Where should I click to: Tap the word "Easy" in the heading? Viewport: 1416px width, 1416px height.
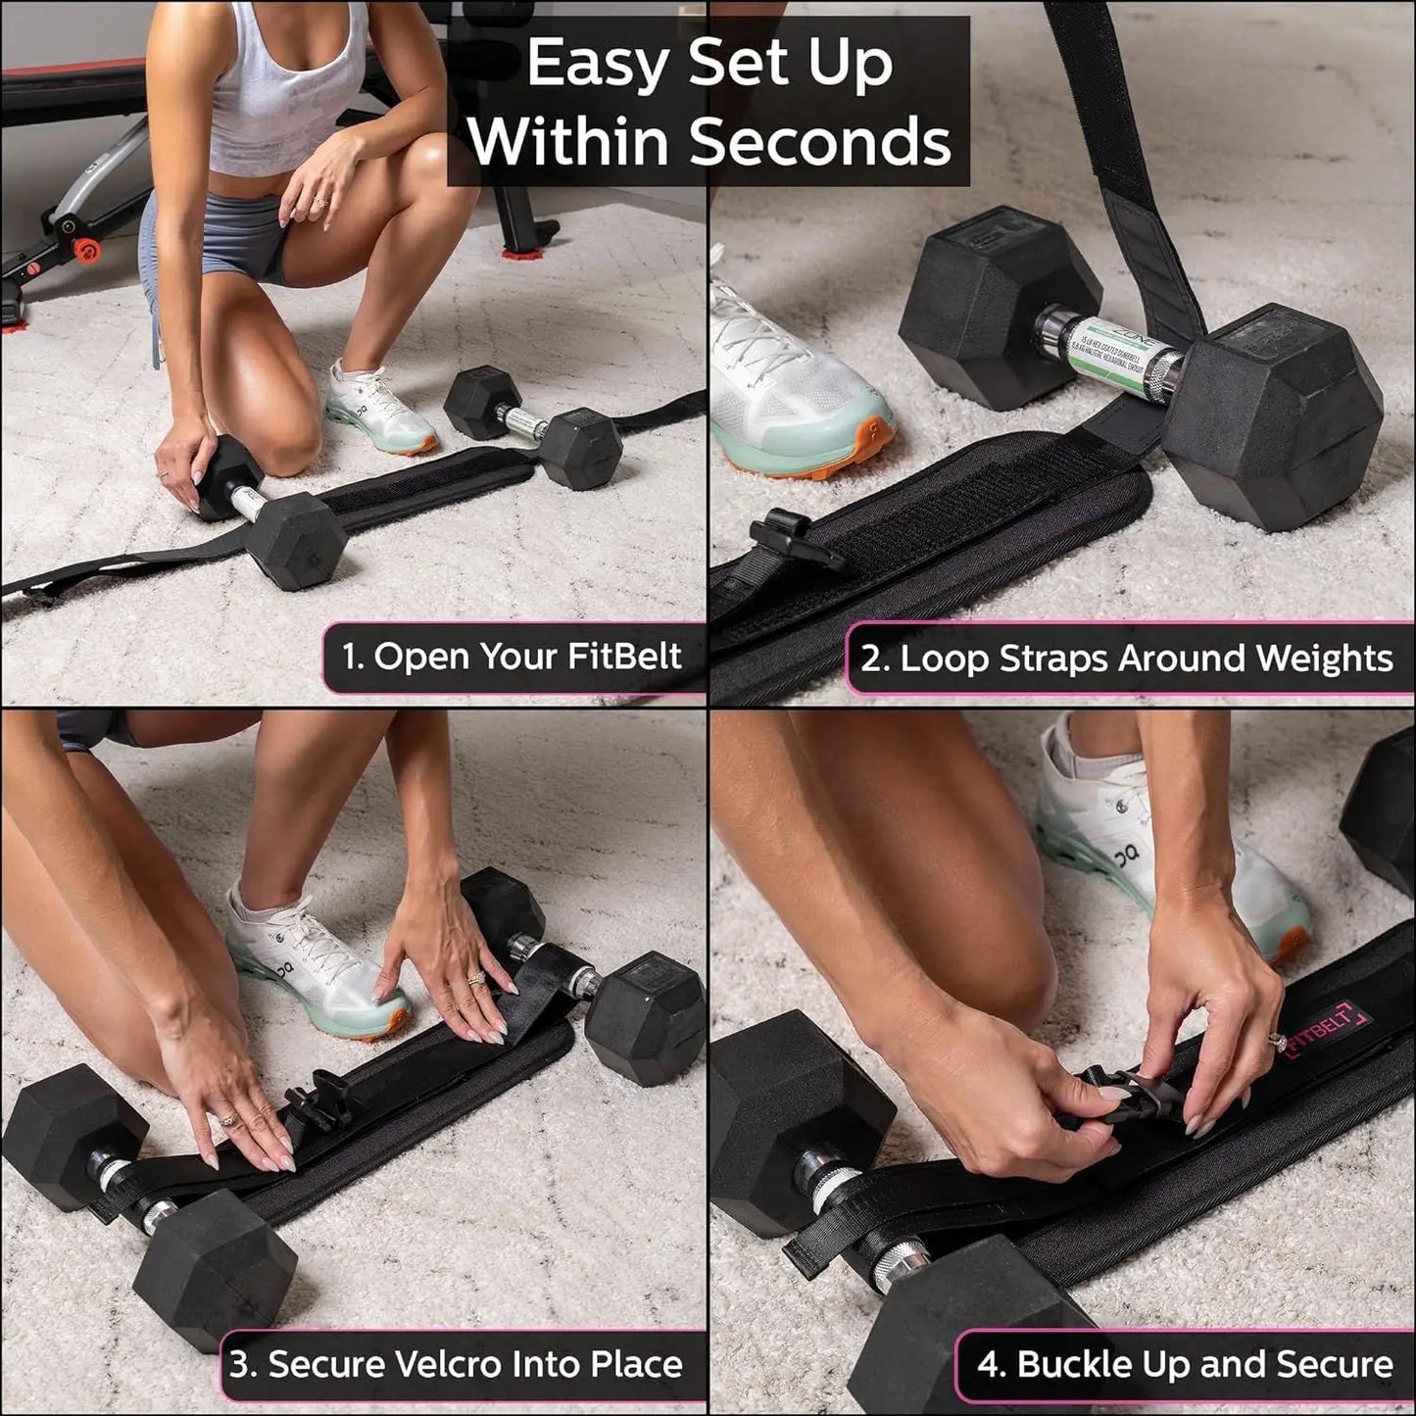coord(598,64)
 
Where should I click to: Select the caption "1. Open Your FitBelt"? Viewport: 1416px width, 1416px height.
coord(512,656)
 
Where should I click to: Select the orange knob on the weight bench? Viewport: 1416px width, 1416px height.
coord(86,250)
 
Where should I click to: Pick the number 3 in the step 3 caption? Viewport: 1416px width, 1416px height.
coord(238,1364)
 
